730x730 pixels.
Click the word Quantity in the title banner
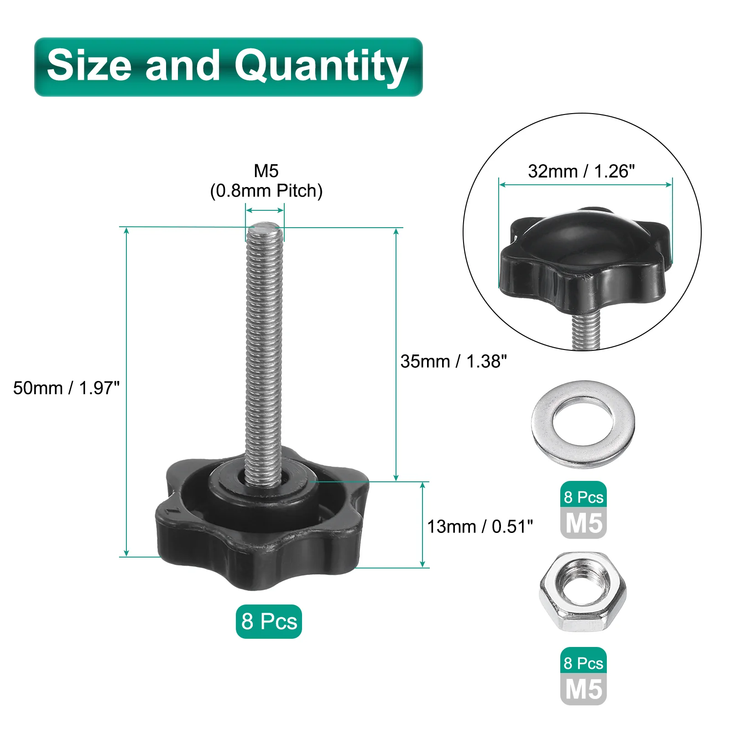point(321,67)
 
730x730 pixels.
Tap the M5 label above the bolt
point(266,171)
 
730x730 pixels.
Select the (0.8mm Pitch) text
point(266,191)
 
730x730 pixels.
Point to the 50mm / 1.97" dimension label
point(66,388)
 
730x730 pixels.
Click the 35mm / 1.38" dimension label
point(454,361)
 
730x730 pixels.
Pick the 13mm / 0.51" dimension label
point(480,527)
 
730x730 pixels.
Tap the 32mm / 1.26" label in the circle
point(581,172)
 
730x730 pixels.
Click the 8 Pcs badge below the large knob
point(269,621)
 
